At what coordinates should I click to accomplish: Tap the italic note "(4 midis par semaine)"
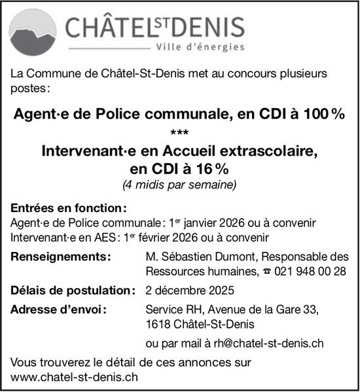coord(179,185)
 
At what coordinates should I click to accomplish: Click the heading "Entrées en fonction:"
coord(68,209)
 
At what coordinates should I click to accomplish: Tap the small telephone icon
coord(266,271)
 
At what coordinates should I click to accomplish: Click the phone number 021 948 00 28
coord(310,271)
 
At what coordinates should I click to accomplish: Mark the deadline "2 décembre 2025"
coord(190,291)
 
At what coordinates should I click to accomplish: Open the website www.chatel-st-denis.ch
coord(75,377)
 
